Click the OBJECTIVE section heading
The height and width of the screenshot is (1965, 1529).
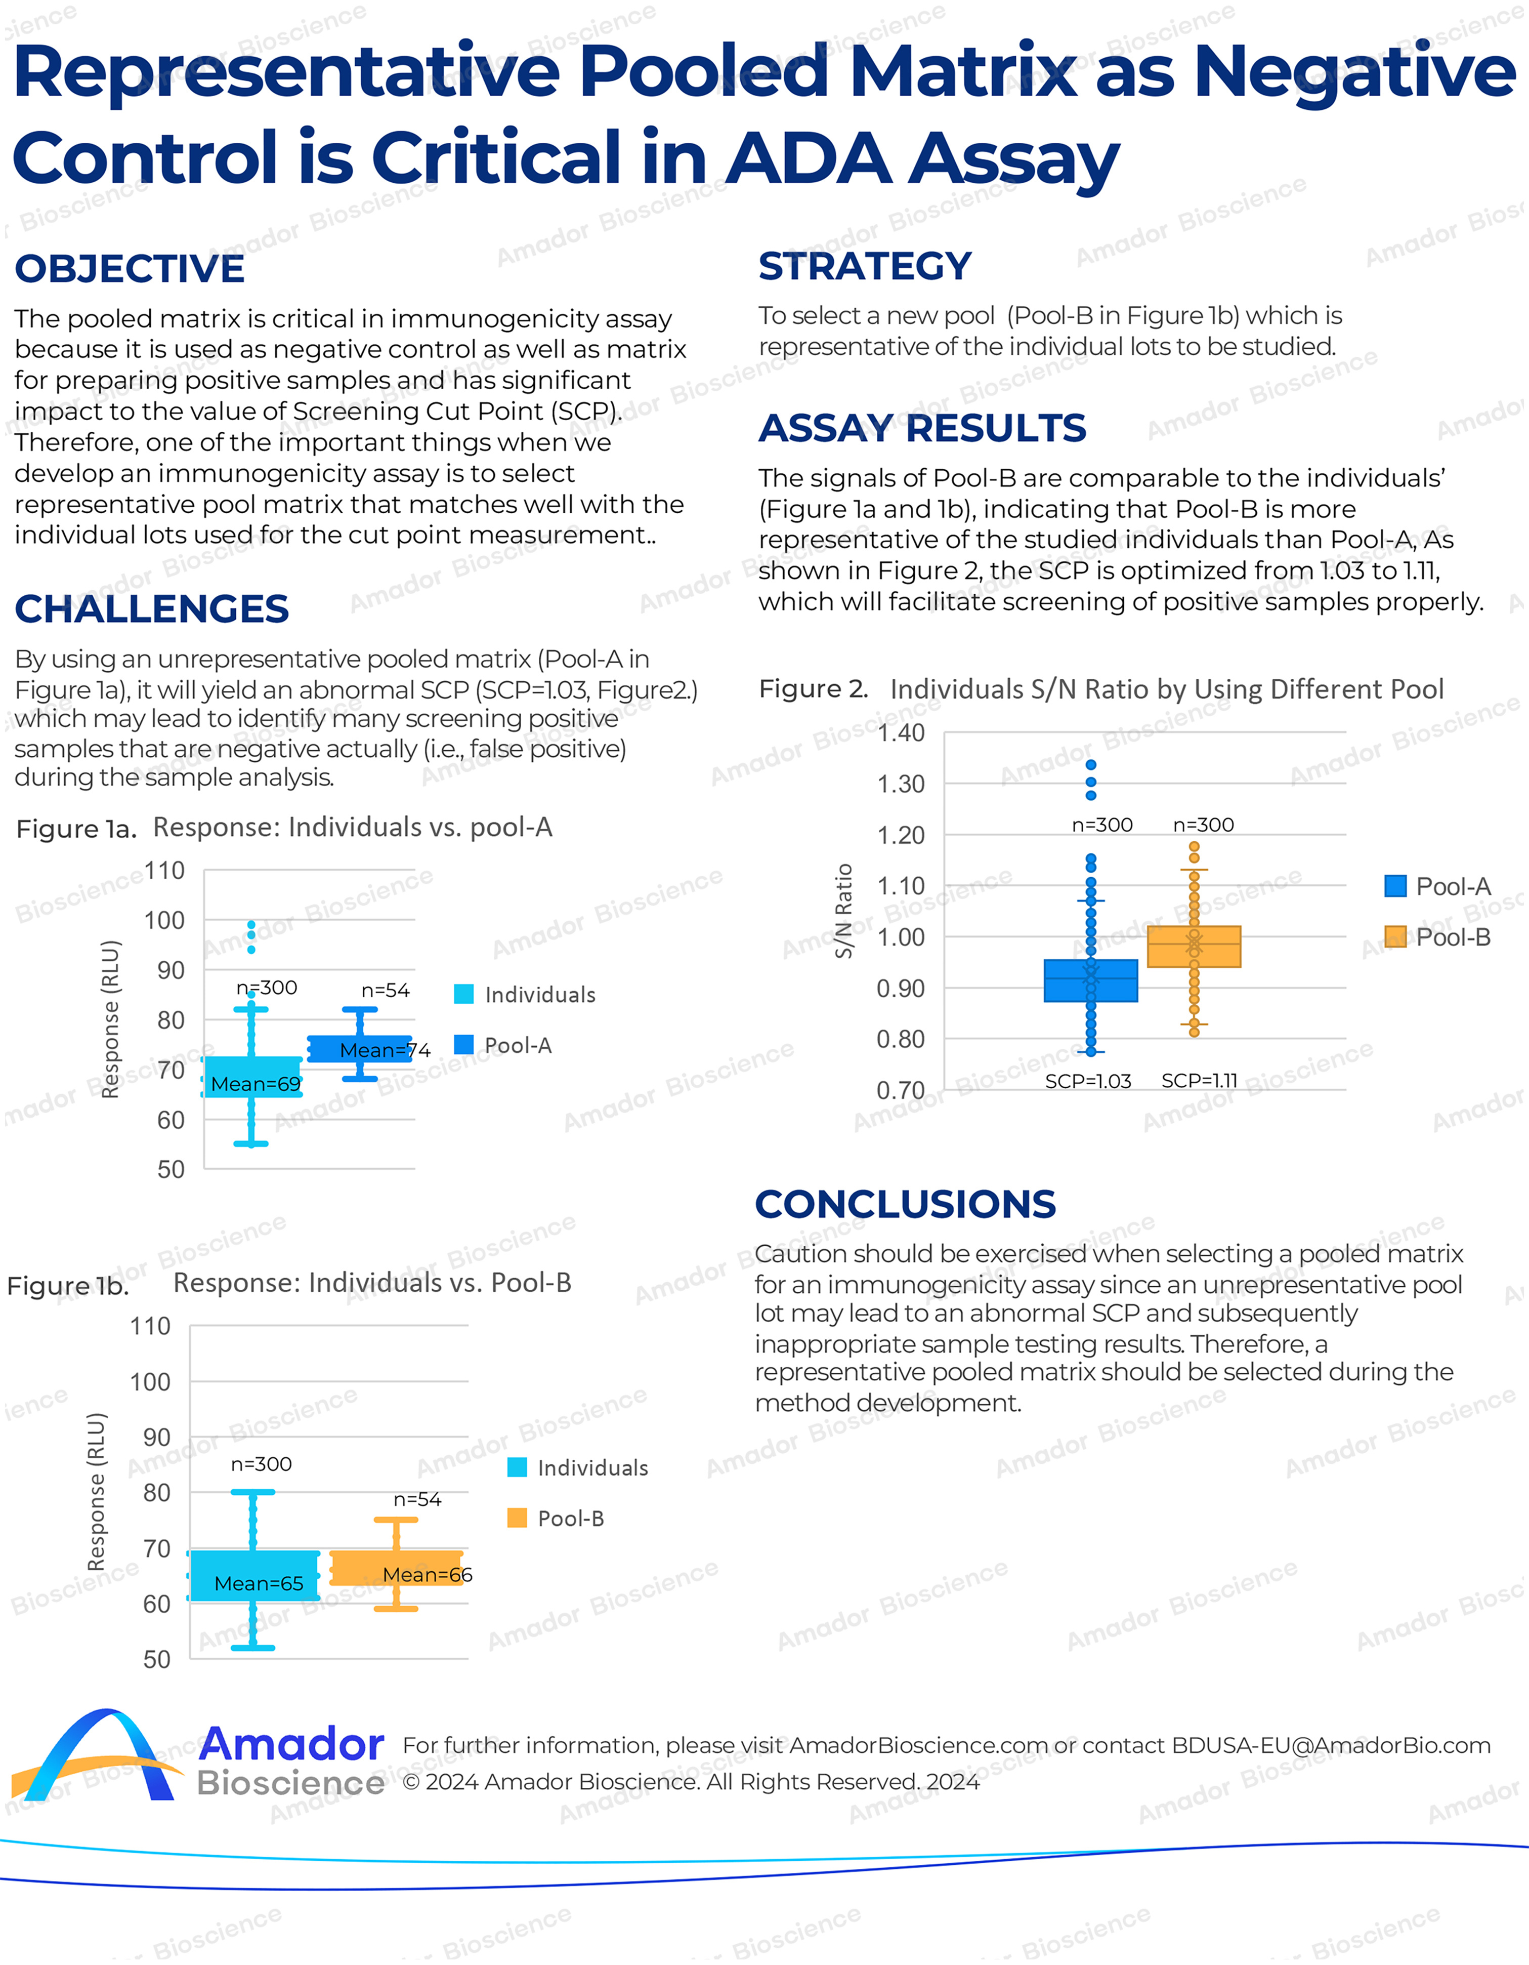pyautogui.click(x=130, y=269)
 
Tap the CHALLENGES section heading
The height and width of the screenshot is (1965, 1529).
pyautogui.click(x=151, y=609)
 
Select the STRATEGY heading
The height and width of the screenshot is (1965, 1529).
pyautogui.click(x=864, y=266)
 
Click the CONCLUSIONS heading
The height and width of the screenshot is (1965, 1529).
pyautogui.click(x=905, y=1204)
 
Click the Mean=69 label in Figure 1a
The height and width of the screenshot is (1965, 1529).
pyautogui.click(x=256, y=1084)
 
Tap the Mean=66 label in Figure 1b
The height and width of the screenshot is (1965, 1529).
pyautogui.click(x=427, y=1575)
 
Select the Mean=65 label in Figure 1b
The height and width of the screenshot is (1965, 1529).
pyautogui.click(x=258, y=1583)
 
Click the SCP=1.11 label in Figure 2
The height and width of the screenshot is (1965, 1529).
pyautogui.click(x=1199, y=1081)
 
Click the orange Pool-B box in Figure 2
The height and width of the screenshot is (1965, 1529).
pyautogui.click(x=1194, y=947)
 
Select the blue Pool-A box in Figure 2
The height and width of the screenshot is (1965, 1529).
pyautogui.click(x=1090, y=980)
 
